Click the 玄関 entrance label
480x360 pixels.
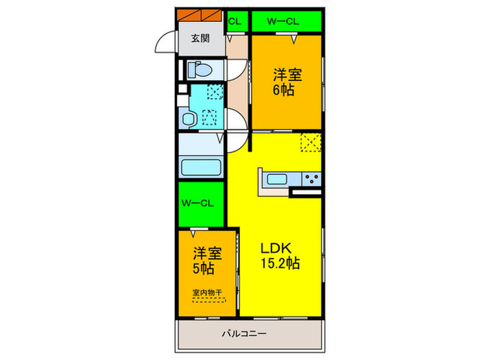[202, 38]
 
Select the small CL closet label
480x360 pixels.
[234, 21]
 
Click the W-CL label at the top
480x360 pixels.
[285, 21]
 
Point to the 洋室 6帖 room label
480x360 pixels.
[287, 82]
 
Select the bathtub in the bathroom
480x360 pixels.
[200, 168]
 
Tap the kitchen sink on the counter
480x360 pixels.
[278, 180]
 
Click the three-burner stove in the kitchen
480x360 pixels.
[311, 179]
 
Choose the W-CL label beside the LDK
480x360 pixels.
[200, 204]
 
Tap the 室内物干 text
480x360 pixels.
[208, 293]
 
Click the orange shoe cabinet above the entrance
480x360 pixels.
[201, 14]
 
